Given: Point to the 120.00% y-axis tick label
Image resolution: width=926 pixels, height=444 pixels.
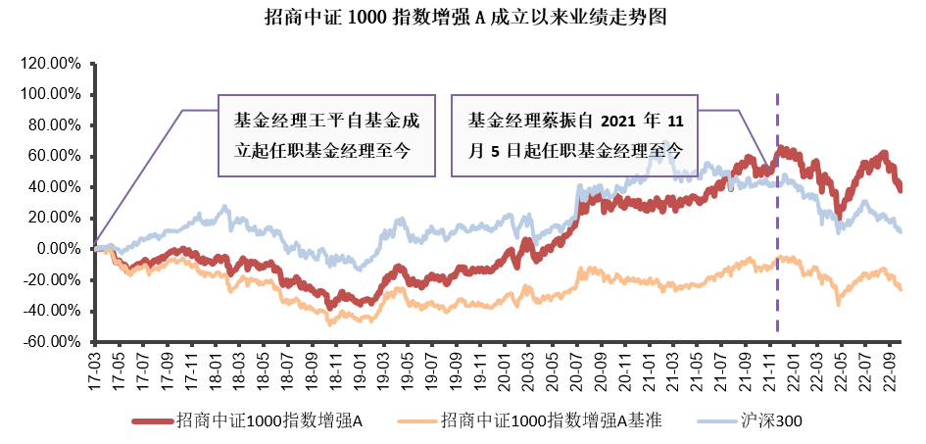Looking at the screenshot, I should pos(50,64).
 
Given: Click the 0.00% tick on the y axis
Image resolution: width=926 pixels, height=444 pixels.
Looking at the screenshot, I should pos(57,249).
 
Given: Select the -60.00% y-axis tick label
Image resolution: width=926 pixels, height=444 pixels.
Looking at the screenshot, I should pos(51,342).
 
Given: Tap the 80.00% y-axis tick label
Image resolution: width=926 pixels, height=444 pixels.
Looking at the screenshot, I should pos(53,125).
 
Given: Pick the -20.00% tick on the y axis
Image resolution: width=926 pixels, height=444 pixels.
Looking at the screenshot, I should pos(51,280).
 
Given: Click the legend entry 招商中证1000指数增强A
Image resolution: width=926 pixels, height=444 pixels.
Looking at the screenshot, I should pos(269,420).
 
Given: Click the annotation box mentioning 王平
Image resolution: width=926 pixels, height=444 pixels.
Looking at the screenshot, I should pos(325,135).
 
